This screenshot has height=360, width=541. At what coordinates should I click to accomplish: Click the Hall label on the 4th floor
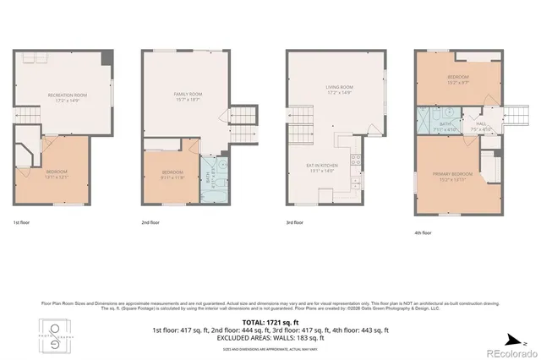pyautogui.click(x=481, y=123)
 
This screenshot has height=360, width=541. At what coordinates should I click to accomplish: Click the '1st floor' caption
pyautogui.click(x=23, y=222)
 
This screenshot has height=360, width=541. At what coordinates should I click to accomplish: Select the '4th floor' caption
pyautogui.click(x=424, y=232)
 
